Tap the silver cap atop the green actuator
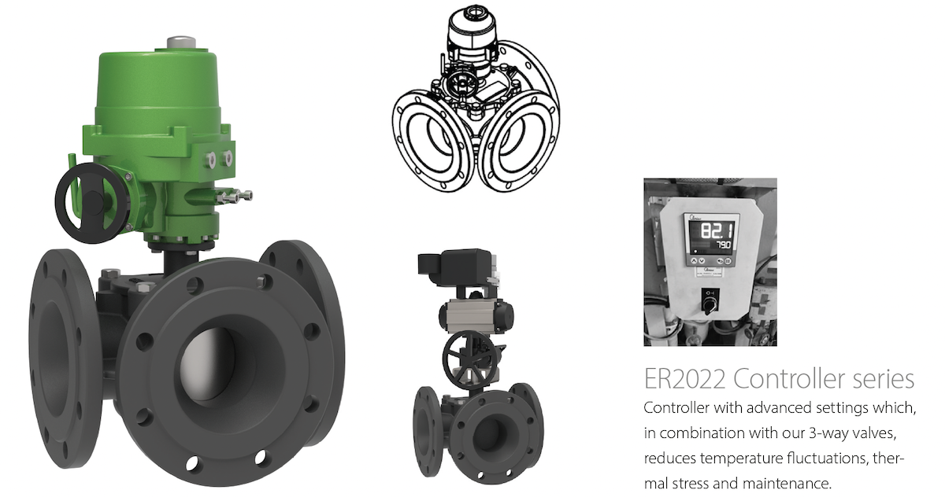click(x=181, y=43)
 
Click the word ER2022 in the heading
click(x=684, y=378)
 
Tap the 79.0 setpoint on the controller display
click(x=724, y=245)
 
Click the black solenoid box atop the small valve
click(x=455, y=264)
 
